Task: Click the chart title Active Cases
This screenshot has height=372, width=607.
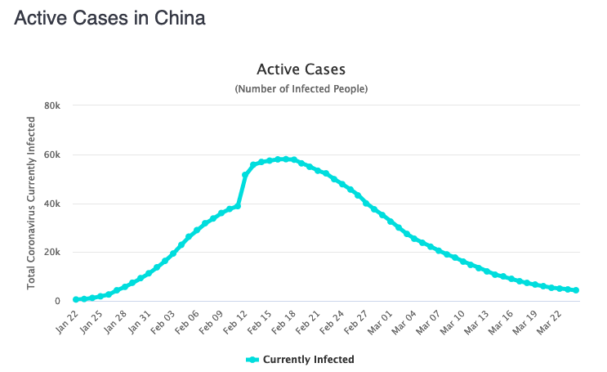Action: coord(301,69)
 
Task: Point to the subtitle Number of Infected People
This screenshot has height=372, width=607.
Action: coord(301,88)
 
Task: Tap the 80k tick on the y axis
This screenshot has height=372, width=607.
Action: coord(52,105)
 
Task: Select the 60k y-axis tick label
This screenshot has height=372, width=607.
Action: coord(52,155)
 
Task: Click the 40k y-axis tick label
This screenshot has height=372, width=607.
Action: coord(52,204)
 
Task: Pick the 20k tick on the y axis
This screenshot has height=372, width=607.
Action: coord(52,253)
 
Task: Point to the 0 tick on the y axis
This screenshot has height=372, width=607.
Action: coord(56,302)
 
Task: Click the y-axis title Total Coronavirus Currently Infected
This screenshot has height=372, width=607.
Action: coord(32,203)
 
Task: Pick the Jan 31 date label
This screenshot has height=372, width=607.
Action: coord(139,320)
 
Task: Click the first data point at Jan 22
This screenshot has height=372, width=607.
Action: coord(76,300)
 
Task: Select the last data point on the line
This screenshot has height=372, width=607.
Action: coord(576,290)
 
